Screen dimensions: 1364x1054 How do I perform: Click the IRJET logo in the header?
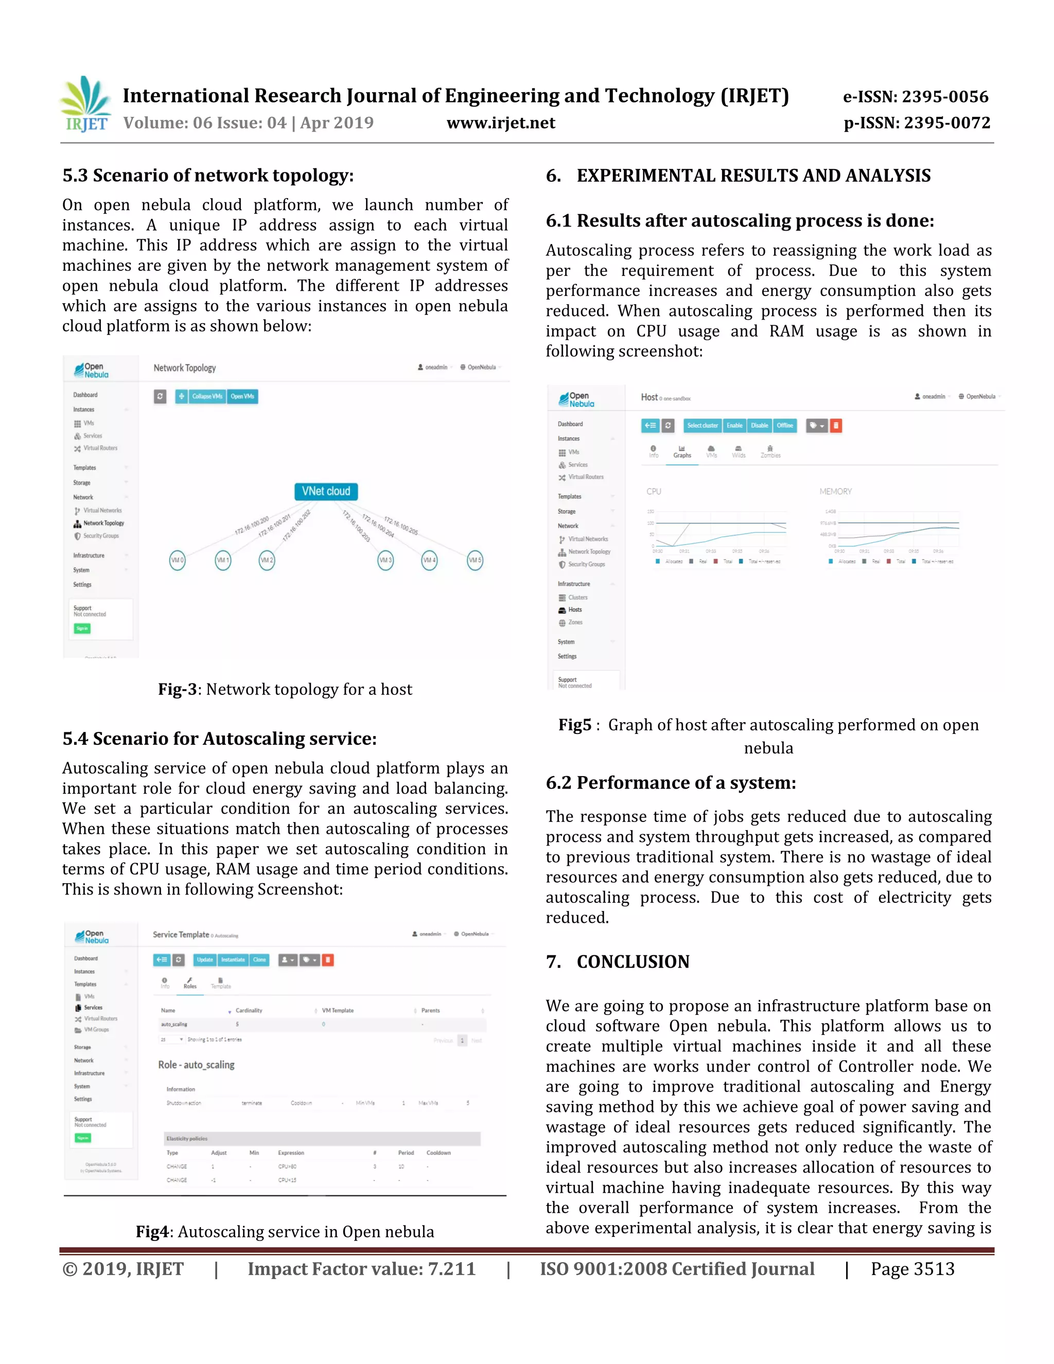(x=86, y=104)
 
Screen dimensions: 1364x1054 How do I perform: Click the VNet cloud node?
(x=326, y=492)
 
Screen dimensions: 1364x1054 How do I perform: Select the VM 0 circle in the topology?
(x=178, y=560)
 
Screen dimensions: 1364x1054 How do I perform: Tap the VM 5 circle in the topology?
(x=475, y=560)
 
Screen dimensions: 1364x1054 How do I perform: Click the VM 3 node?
(x=386, y=560)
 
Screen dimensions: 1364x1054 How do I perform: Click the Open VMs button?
(x=242, y=396)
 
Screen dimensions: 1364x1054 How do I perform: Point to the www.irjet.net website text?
(x=501, y=123)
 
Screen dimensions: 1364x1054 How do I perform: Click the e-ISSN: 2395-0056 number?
(x=916, y=97)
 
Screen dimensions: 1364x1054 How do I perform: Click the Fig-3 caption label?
(x=178, y=690)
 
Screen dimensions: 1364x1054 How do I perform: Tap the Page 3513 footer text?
(x=912, y=1269)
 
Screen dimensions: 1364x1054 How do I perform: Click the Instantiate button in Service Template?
(x=233, y=960)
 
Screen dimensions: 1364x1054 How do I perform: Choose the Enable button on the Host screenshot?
(x=734, y=426)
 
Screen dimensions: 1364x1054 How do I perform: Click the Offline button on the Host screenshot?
(x=784, y=426)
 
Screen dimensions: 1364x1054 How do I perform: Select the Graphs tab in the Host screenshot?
(x=682, y=451)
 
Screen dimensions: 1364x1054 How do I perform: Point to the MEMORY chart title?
(x=835, y=492)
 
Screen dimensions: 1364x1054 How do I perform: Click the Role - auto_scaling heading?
(x=196, y=1065)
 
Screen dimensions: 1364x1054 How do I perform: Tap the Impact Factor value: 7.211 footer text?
(x=361, y=1269)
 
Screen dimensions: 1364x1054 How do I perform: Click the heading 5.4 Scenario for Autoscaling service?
(x=219, y=739)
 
